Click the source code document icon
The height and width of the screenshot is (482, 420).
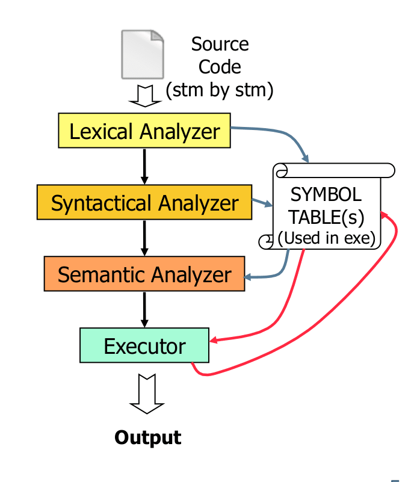pyautogui.click(x=143, y=54)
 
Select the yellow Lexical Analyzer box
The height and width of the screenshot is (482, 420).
pyautogui.click(x=144, y=131)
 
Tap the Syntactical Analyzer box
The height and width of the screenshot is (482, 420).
pyautogui.click(x=144, y=202)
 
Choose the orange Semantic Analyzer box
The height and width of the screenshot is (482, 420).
pyautogui.click(x=144, y=274)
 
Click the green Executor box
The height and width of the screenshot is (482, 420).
pyautogui.click(x=144, y=345)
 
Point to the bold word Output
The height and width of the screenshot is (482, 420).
pyautogui.click(x=148, y=437)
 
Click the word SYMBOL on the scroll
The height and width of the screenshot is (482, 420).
pyautogui.click(x=326, y=194)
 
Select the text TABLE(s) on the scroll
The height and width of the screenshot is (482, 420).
pyautogui.click(x=326, y=217)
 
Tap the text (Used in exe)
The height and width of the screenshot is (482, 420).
pyautogui.click(x=327, y=238)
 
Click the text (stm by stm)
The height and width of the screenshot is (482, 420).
pyautogui.click(x=220, y=90)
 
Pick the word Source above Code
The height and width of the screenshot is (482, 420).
pyautogui.click(x=220, y=44)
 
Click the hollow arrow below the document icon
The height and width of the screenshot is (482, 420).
pyautogui.click(x=145, y=96)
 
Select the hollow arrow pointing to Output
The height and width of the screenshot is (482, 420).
pyautogui.click(x=147, y=394)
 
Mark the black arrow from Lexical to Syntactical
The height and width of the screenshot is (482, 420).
pyautogui.click(x=144, y=167)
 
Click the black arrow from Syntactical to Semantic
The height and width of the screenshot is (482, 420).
pyautogui.click(x=144, y=238)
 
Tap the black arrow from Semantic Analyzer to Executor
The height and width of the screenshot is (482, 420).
pyautogui.click(x=144, y=309)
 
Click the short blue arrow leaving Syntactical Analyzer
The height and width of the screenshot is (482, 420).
pyautogui.click(x=262, y=202)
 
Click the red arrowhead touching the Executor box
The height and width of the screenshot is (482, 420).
pyautogui.click(x=214, y=340)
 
